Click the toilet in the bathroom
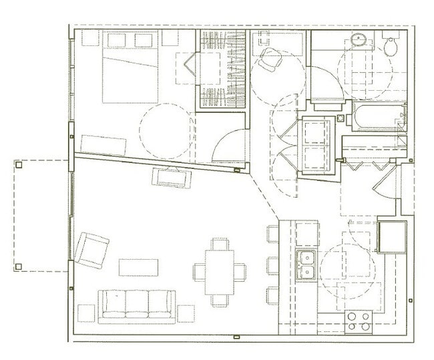click(x=391, y=45)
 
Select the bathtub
click(x=377, y=117)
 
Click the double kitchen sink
click(x=306, y=264)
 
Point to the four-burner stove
click(x=359, y=321)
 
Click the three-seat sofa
click(x=137, y=305)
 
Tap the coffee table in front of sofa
click(x=138, y=267)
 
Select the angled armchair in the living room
click(x=91, y=249)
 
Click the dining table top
click(x=220, y=272)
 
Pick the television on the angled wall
click(x=171, y=177)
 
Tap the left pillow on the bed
click(x=117, y=40)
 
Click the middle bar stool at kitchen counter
click(x=272, y=264)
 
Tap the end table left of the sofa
click(x=87, y=313)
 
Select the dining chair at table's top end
click(x=220, y=244)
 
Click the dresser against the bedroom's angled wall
click(x=103, y=145)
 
